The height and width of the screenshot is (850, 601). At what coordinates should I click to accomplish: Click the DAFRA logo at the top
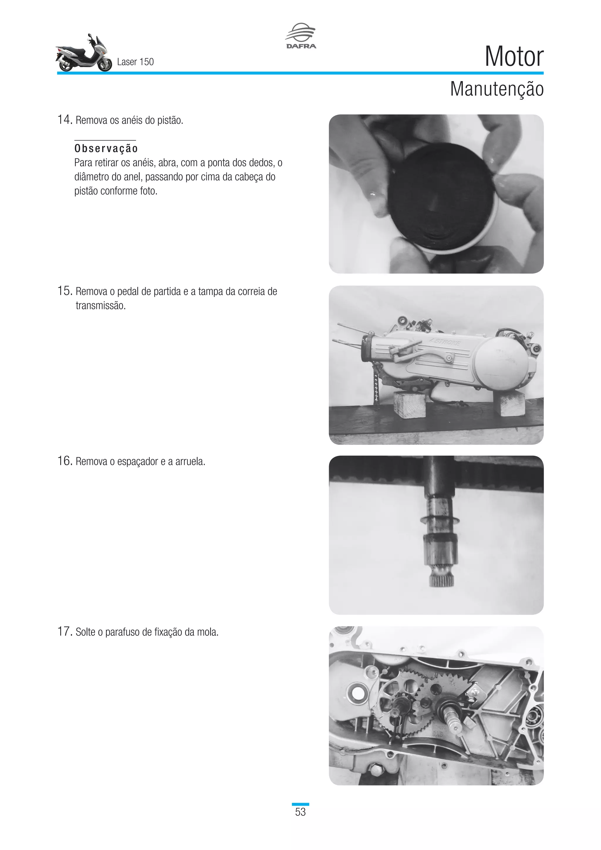301,36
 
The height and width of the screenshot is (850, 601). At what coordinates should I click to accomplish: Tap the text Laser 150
136,62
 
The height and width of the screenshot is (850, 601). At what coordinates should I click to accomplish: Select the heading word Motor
514,56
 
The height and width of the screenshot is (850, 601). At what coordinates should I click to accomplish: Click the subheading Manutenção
497,89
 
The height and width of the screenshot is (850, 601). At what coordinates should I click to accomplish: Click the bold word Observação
106,149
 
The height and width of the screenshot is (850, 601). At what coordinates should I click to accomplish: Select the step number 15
64,291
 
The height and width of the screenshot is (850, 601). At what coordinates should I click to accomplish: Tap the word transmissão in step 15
101,306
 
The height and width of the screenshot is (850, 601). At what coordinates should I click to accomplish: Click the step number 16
64,461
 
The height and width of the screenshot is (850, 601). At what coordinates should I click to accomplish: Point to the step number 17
64,631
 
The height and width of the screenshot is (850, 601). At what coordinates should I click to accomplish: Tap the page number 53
300,812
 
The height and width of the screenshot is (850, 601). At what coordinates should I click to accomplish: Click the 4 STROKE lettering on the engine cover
445,342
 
